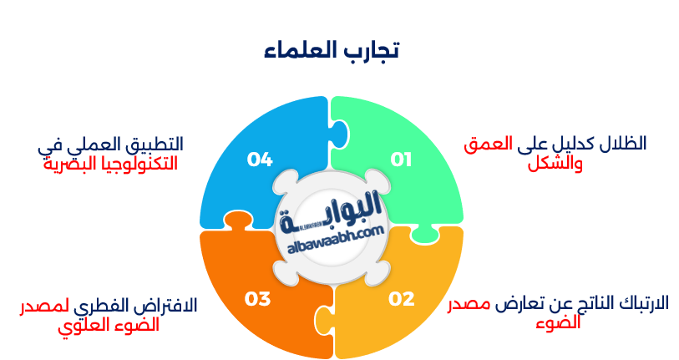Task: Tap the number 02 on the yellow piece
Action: point(401,298)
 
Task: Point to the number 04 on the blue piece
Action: point(260,159)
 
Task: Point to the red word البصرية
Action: point(68,164)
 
